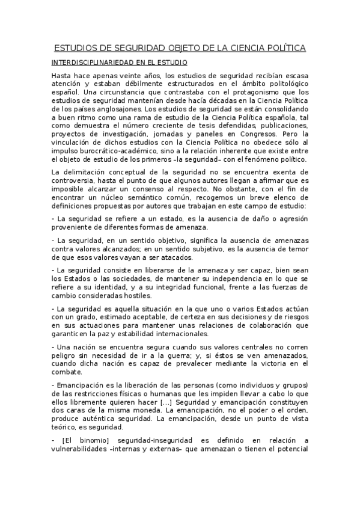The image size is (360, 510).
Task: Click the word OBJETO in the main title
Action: tap(182, 48)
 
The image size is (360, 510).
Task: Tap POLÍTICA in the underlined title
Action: tap(283, 48)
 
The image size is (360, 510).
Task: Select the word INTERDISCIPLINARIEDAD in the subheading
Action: tap(93, 62)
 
